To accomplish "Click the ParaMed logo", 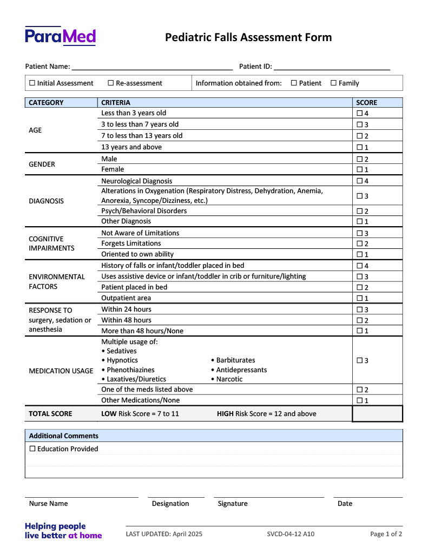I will [x=60, y=36].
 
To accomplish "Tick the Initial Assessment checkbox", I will [x=32, y=83].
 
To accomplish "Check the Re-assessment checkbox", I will [x=111, y=83].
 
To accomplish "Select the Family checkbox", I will [x=333, y=83].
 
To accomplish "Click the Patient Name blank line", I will [x=152, y=67].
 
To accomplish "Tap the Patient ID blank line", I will [x=332, y=67].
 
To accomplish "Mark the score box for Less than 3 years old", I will [x=360, y=113].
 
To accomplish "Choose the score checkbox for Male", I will [x=360, y=159].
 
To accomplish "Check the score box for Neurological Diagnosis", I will [x=360, y=181].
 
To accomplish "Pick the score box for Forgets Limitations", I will [x=360, y=243].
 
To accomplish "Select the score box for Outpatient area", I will [x=360, y=298].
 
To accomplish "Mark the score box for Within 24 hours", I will [x=360, y=309].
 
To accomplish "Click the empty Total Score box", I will [x=377, y=414].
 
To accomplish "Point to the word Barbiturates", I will [x=235, y=360].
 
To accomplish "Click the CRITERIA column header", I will [x=116, y=102].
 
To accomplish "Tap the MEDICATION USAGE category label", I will [x=61, y=371].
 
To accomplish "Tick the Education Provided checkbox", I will [x=32, y=449].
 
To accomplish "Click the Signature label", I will [x=233, y=503].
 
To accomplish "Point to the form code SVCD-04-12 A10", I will [x=291, y=534].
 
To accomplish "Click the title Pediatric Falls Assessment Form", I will [x=248, y=37].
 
